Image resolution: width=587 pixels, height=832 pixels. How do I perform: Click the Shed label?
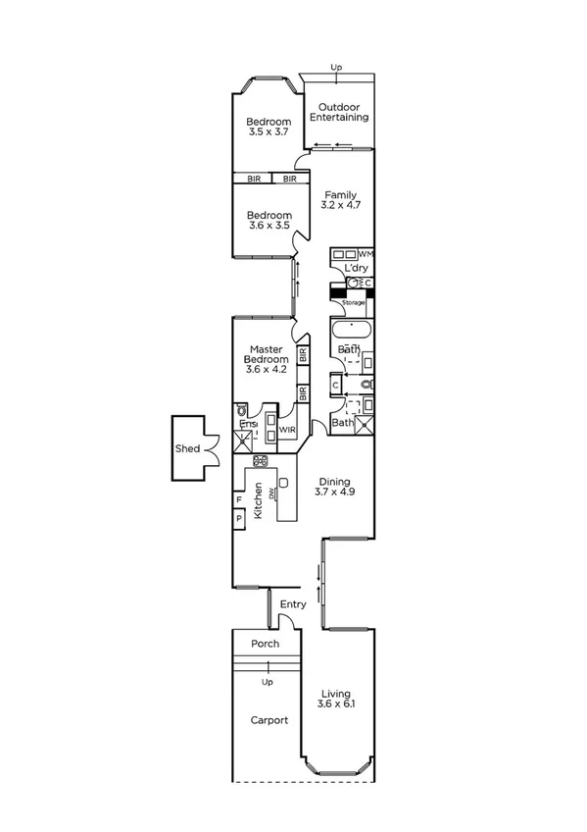coord(188,448)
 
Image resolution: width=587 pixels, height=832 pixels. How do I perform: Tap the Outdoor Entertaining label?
coord(339,112)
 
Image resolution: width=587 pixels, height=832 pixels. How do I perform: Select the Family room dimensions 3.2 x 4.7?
coord(342,206)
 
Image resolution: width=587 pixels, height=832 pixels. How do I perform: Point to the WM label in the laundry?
coord(367,254)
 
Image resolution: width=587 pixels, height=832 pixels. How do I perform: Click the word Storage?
coord(353,302)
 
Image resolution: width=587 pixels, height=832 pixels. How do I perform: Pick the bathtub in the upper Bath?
coord(350,331)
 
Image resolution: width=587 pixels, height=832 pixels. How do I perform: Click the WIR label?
coord(287,430)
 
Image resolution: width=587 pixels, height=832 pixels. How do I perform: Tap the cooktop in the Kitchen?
coord(261,460)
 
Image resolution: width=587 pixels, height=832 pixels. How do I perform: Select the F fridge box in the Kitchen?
coord(238,499)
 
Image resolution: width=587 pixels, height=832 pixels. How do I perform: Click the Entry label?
coord(293,604)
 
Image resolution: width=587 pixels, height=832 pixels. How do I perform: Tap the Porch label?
coord(266,644)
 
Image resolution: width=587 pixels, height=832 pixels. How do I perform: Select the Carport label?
coord(268,720)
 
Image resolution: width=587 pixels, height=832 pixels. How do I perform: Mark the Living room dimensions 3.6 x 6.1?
coord(335,704)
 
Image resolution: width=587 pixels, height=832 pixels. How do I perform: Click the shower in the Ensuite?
coord(241,443)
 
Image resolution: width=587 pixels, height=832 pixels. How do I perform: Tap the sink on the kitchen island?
coord(282,482)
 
